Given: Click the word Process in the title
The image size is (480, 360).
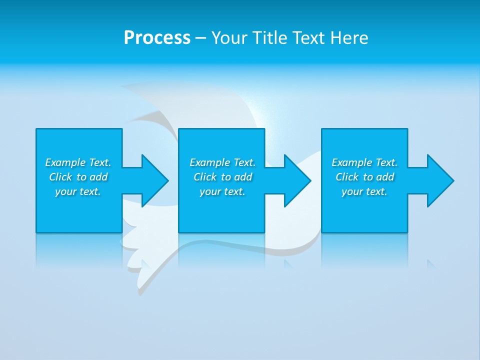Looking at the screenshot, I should [x=157, y=37].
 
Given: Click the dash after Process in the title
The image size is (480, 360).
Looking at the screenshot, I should [x=200, y=38].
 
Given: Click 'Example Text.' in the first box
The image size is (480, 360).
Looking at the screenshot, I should [x=78, y=162].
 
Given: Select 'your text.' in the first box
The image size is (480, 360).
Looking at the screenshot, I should [x=78, y=191].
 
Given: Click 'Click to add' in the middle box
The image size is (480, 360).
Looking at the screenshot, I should [x=222, y=177].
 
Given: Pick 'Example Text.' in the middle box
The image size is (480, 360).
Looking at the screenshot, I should [x=222, y=162].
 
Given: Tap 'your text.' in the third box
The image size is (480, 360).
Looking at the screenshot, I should [x=364, y=191].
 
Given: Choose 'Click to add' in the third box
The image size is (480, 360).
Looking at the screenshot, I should [x=364, y=177].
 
